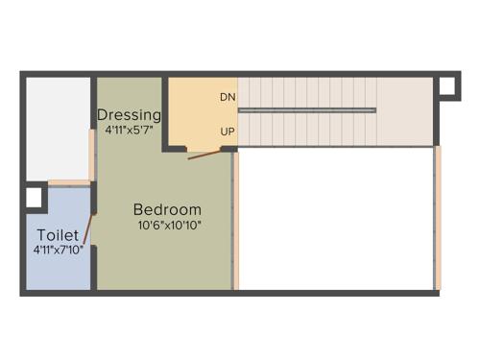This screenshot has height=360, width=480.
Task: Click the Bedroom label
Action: pyautogui.click(x=167, y=209)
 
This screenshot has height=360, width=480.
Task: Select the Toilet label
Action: pyautogui.click(x=58, y=234)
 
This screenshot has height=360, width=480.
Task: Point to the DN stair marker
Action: pyautogui.click(x=228, y=97)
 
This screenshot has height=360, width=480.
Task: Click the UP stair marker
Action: pyautogui.click(x=228, y=131)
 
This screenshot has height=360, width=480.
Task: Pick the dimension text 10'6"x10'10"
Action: pyautogui.click(x=169, y=227)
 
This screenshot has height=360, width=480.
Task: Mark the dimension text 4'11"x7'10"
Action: pyautogui.click(x=58, y=250)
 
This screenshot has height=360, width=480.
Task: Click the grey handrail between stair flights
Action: pyautogui.click(x=306, y=110)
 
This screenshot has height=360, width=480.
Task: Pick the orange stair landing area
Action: pyautogui.click(x=197, y=110)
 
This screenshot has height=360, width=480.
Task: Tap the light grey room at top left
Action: pyautogui.click(x=58, y=125)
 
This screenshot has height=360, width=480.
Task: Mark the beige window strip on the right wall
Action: pyautogui.click(x=438, y=216)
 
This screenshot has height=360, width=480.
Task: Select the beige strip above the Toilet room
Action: pyautogui.click(x=69, y=182)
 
